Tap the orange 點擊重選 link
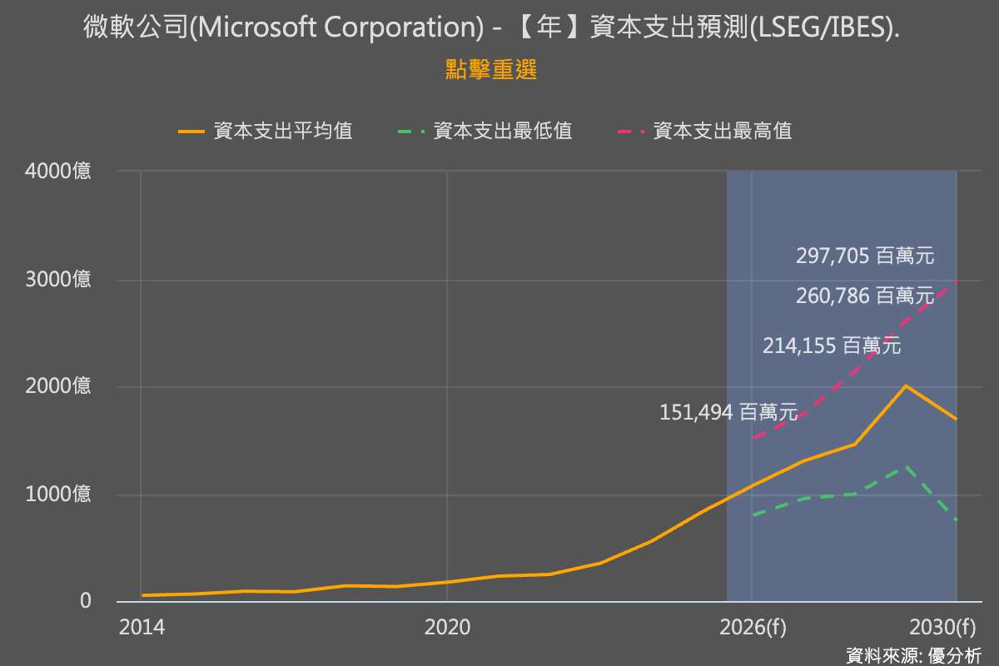click(491, 70)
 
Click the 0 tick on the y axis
click(86, 601)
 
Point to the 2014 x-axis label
click(142, 628)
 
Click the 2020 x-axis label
click(447, 628)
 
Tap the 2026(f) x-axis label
click(753, 628)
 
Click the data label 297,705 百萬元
click(865, 256)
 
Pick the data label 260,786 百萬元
click(865, 296)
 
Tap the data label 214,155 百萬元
click(832, 346)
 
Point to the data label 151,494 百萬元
click(728, 412)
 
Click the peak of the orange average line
click(906, 385)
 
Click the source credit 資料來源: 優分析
click(914, 655)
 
